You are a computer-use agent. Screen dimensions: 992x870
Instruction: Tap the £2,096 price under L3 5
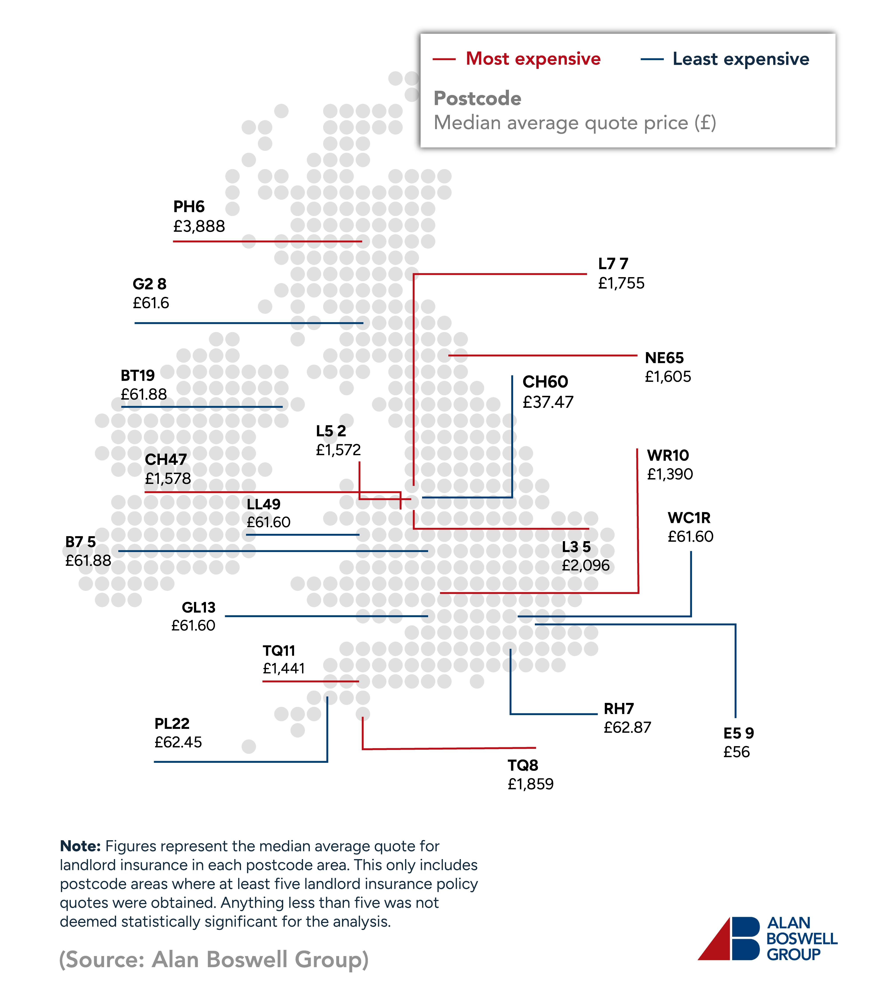(x=585, y=565)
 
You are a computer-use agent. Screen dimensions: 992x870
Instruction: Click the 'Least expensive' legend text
(x=740, y=59)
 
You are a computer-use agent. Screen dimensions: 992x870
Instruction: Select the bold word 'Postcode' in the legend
(x=477, y=99)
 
